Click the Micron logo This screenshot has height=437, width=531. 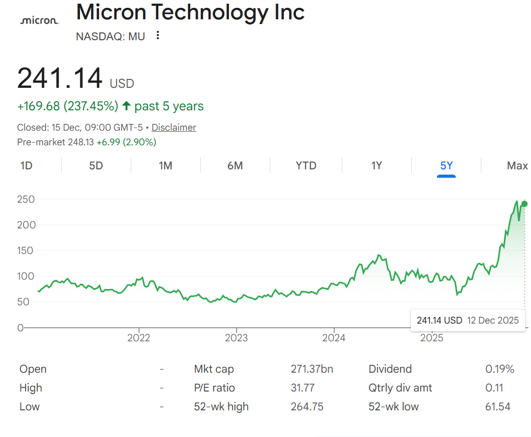tap(39, 20)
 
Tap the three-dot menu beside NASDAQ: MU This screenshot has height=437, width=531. tap(158, 36)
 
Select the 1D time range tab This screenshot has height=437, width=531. tap(26, 166)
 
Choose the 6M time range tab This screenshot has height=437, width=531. tap(235, 166)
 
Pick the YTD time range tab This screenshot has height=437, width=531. tap(306, 166)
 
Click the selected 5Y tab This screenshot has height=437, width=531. tap(446, 166)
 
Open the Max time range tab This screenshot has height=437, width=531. tap(517, 166)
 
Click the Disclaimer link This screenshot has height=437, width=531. tap(174, 128)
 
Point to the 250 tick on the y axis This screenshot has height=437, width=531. tap(26, 199)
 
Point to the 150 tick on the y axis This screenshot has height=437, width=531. tap(26, 250)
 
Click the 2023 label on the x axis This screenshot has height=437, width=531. tap(236, 338)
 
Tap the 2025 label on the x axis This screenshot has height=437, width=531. tap(432, 338)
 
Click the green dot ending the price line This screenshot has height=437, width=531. tap(524, 204)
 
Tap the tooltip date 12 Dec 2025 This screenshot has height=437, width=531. tap(493, 320)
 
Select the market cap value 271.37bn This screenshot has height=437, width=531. tap(312, 369)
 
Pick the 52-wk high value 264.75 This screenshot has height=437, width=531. tap(307, 407)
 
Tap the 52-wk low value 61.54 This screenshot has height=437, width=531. tap(498, 407)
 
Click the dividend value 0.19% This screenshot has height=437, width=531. tap(500, 369)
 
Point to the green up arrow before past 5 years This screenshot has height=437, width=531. tap(126, 106)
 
